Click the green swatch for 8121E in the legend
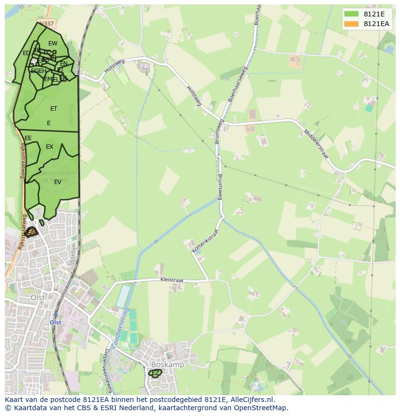click(351, 14)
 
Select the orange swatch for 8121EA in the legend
click(351, 24)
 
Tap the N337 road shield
click(47, 23)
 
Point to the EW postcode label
click(53, 43)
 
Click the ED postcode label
click(26, 53)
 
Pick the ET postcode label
click(54, 109)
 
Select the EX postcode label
click(49, 147)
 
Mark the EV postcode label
click(57, 182)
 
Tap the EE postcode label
click(28, 138)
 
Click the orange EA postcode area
click(31, 232)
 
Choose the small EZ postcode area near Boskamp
click(156, 373)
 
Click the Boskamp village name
click(168, 365)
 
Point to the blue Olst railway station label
click(56, 322)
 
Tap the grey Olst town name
click(38, 298)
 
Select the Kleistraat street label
click(172, 280)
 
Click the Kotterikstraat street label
click(205, 240)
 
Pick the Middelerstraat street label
click(316, 144)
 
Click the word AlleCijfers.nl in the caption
click(251, 400)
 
